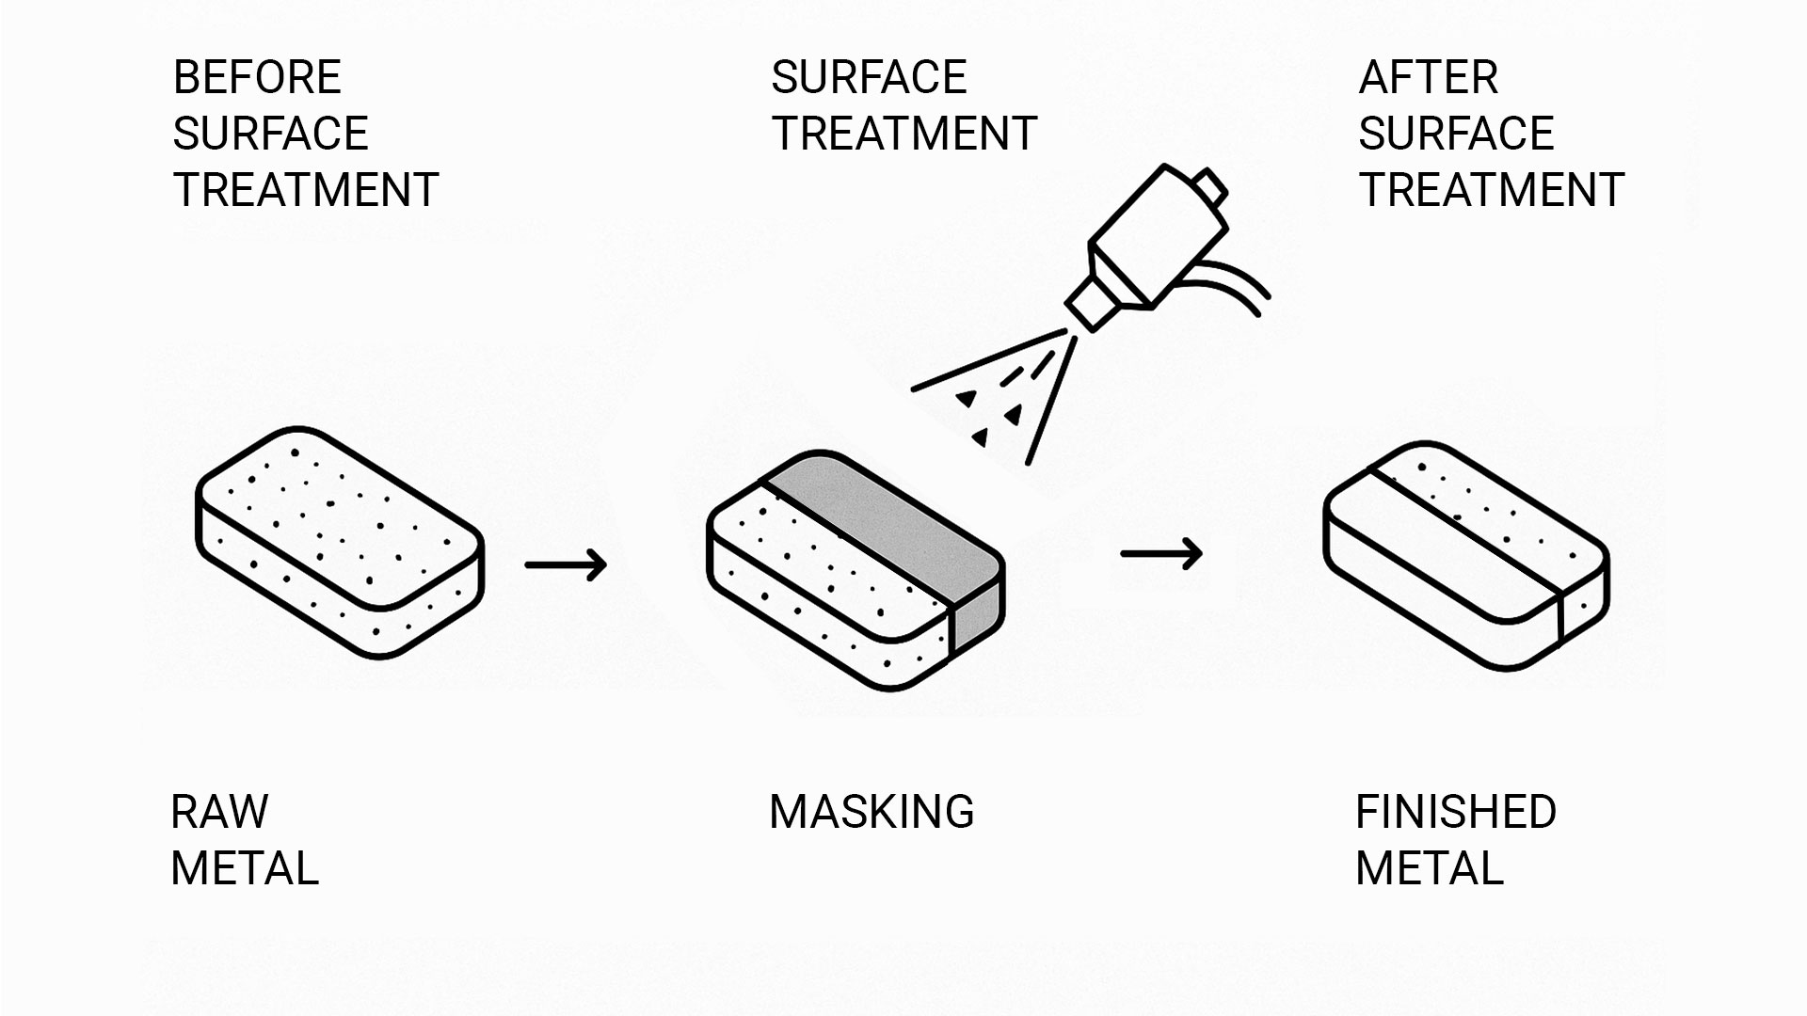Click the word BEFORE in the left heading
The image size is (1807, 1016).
click(x=257, y=77)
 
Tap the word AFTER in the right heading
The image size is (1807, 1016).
click(x=1428, y=77)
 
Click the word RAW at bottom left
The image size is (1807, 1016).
click(x=219, y=812)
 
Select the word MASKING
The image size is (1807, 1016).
click(x=872, y=812)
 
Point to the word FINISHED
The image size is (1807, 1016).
click(x=1456, y=812)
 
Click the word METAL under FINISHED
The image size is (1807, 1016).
click(x=1430, y=868)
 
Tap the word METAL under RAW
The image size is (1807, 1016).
click(x=245, y=868)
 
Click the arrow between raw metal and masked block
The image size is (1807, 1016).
click(x=566, y=564)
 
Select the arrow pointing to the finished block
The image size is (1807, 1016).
click(x=1161, y=553)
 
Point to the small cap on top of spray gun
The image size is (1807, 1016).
click(x=1208, y=185)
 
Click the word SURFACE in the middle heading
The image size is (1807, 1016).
click(x=869, y=77)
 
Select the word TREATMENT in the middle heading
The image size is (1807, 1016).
click(x=903, y=134)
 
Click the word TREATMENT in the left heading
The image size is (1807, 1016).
click(x=306, y=190)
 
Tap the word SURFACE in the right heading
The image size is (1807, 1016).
click(x=1456, y=134)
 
